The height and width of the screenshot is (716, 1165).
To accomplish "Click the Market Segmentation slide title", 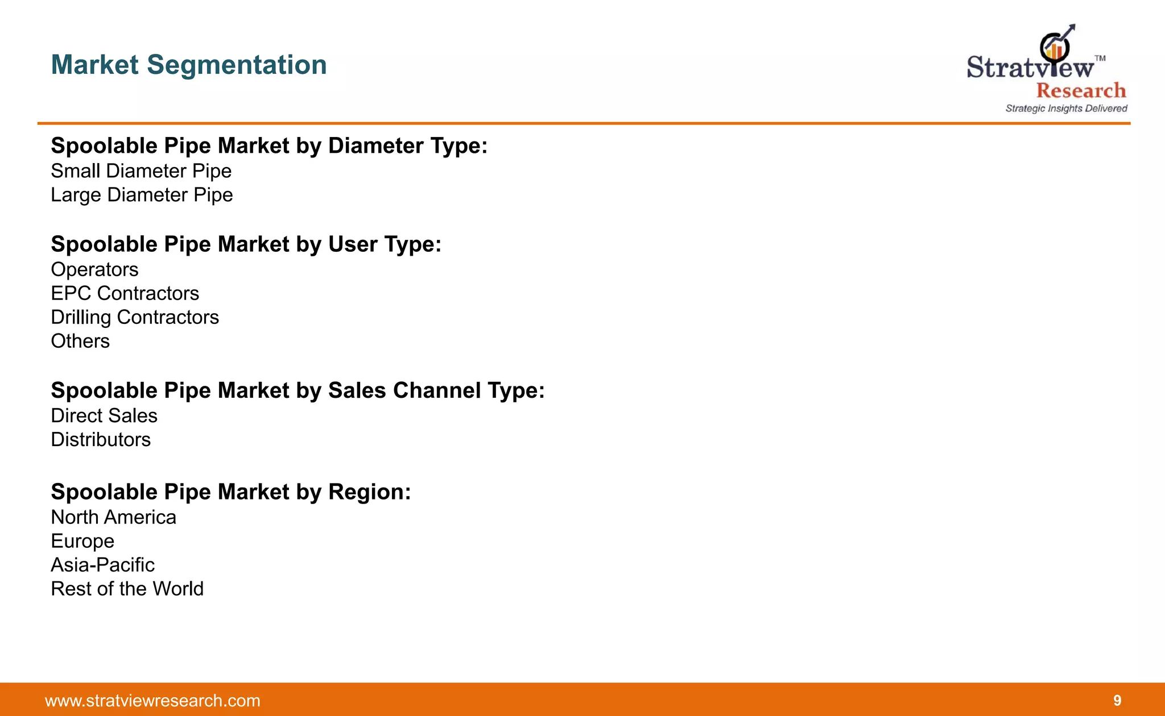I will click(189, 65).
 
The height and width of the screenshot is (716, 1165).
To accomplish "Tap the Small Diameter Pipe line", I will click(141, 171).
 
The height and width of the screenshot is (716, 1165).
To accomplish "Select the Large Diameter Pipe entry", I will click(142, 195).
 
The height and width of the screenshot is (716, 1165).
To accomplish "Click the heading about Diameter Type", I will click(269, 146).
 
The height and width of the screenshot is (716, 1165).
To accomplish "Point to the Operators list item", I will click(94, 269).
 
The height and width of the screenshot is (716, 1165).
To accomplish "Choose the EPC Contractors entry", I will click(125, 293).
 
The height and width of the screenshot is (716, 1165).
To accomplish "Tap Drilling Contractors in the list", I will click(135, 317).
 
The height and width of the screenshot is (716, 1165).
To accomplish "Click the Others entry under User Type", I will click(80, 341).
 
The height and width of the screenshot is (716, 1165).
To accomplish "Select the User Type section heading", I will click(246, 244).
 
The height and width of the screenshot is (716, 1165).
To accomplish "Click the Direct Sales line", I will click(104, 415).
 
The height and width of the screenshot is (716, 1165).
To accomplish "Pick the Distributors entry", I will click(101, 439).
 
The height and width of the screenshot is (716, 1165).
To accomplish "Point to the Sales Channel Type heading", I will click(298, 391).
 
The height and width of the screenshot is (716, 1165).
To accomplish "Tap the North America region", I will click(113, 517).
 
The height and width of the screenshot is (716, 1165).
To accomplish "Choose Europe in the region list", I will click(82, 541).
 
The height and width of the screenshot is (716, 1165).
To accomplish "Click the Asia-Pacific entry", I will click(102, 565).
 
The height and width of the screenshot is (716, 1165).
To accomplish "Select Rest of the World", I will click(127, 589).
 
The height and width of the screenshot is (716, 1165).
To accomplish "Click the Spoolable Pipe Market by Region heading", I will click(230, 492).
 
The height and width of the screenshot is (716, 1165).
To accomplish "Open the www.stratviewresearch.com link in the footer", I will click(152, 701).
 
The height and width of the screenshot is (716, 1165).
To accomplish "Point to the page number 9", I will click(1117, 701).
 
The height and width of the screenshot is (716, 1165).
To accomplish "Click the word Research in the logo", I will click(1081, 90).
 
